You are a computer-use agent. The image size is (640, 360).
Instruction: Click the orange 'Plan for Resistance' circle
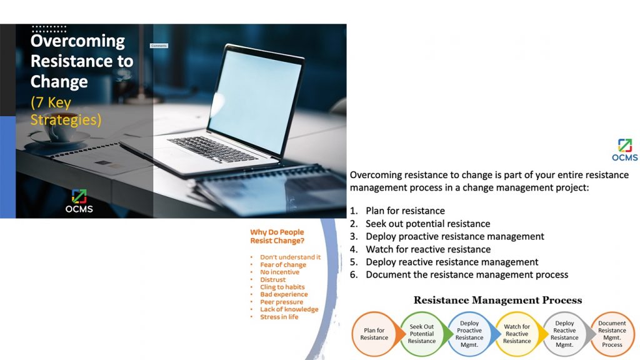(374, 334)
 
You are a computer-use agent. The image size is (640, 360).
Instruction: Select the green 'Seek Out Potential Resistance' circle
(422, 334)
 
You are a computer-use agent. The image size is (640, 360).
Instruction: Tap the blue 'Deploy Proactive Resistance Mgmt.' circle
(469, 334)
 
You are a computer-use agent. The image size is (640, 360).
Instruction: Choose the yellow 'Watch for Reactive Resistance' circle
(517, 334)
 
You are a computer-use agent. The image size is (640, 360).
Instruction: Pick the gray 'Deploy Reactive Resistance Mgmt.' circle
(564, 334)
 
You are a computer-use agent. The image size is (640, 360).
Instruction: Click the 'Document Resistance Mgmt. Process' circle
(612, 334)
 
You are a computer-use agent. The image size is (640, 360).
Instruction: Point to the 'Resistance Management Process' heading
(497, 301)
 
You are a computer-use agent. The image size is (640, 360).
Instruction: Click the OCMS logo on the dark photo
(79, 201)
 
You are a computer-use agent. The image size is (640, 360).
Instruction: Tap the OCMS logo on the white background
(624, 150)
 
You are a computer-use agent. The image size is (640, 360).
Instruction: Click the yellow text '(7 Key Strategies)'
(66, 111)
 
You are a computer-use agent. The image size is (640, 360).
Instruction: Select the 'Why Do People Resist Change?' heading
(277, 236)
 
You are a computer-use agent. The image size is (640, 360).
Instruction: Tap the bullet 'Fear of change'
(283, 265)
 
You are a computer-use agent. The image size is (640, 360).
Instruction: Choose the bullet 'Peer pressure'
(281, 302)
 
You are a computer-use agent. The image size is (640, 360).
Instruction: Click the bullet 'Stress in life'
(279, 317)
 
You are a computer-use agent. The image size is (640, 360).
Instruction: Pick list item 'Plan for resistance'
(405, 211)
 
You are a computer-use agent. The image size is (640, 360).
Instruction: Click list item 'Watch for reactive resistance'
(428, 249)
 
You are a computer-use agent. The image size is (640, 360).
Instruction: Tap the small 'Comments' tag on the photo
(159, 46)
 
